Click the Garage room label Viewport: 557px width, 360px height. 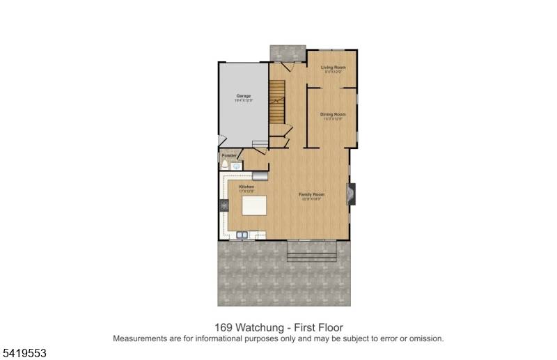pos(243,96)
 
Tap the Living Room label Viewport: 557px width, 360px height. pos(333,68)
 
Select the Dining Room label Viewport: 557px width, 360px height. pos(333,114)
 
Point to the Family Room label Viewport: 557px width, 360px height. pos(311,194)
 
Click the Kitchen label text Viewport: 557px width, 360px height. pos(246,187)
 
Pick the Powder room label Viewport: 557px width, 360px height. pos(229,155)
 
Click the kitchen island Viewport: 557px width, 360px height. pos(254,207)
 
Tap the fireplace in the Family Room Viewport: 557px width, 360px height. pos(353,194)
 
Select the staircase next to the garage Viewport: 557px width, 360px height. pos(278,102)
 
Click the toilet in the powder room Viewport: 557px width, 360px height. pos(224,165)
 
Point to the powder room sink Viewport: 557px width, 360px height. pos(236,166)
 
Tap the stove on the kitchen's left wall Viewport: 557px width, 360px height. pos(224,205)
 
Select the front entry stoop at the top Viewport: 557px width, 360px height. pos(288,53)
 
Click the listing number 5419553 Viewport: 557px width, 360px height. pos(24,354)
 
